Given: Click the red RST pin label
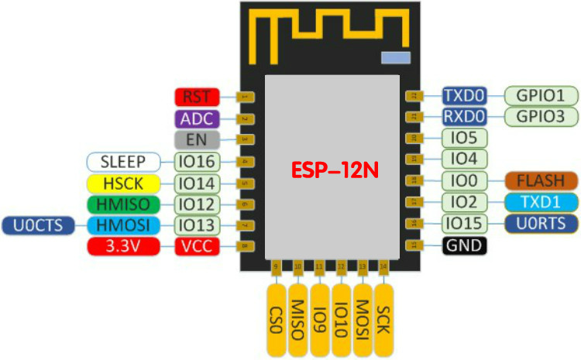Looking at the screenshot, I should [x=197, y=97].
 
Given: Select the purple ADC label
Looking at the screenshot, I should [x=197, y=118].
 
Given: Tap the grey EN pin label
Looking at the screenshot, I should [x=197, y=140].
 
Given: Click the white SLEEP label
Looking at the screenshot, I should [x=122, y=162].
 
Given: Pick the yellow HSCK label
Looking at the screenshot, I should [x=122, y=183].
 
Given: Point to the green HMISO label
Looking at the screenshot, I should [x=122, y=204].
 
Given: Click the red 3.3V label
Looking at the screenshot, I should [x=122, y=246].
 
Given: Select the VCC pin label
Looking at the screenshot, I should [x=197, y=246].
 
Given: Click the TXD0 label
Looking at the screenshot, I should [x=465, y=96].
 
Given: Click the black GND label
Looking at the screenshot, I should [x=465, y=246].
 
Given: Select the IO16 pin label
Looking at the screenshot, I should [x=197, y=162].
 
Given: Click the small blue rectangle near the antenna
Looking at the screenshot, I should [x=395, y=57].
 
